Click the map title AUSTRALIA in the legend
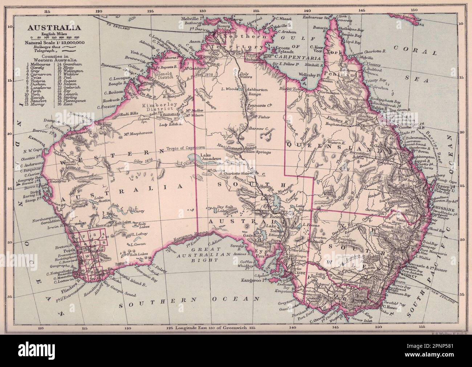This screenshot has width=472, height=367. [x=50, y=28]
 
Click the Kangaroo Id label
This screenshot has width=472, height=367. [x=253, y=281]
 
